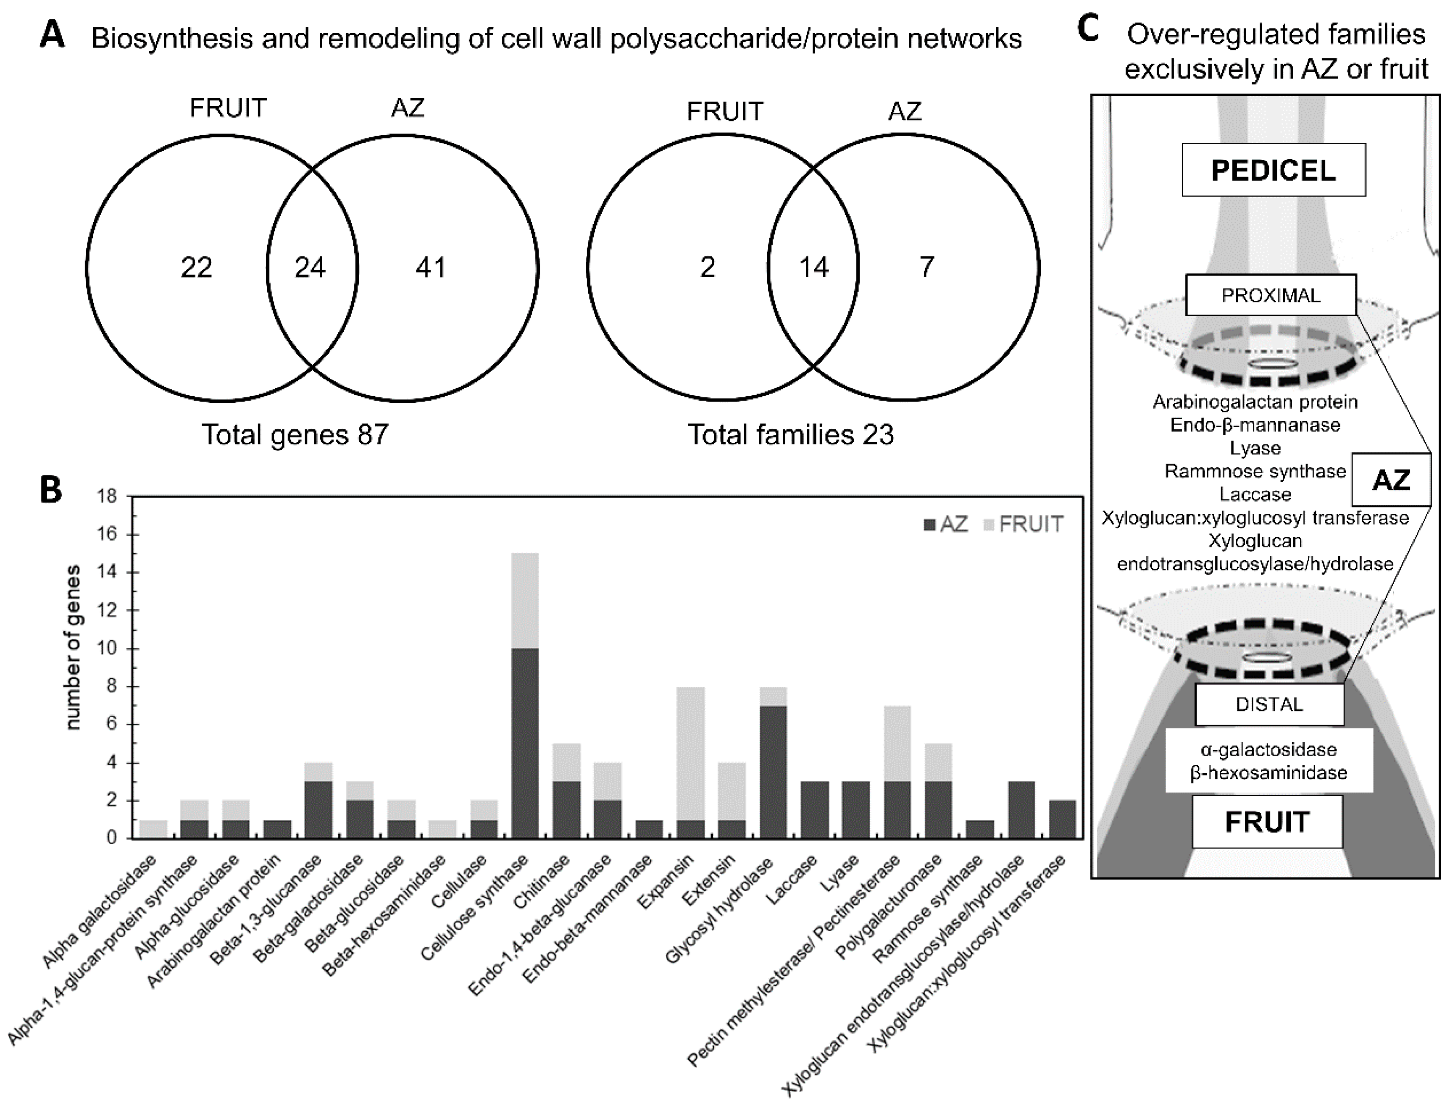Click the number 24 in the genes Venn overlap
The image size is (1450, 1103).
point(310,267)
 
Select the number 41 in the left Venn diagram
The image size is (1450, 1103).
point(431,267)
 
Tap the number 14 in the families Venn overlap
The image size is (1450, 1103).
point(813,267)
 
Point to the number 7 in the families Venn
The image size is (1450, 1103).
point(926,267)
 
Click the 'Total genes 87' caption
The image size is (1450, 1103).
point(295,435)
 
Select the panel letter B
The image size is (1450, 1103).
point(52,489)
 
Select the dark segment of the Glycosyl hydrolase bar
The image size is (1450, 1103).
point(773,772)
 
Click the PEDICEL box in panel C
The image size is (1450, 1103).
point(1274,171)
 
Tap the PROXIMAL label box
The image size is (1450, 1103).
point(1271,295)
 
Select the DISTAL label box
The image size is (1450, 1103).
point(1269,704)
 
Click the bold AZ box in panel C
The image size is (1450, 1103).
point(1391,481)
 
